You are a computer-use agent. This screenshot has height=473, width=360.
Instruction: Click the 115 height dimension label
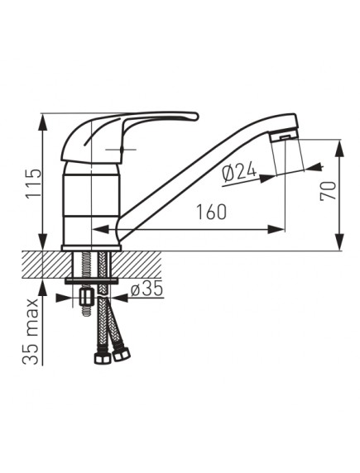[x=33, y=183]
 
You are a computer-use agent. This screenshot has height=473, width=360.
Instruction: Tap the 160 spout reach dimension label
[x=211, y=212]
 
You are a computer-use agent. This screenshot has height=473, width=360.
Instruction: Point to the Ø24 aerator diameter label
[x=239, y=174]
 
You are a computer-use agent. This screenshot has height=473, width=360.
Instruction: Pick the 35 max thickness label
[x=31, y=332]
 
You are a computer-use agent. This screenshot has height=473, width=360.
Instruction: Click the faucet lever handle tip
[x=195, y=116]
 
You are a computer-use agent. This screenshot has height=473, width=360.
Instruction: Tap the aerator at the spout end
[x=285, y=136]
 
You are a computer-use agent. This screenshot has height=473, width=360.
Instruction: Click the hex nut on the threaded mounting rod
[x=87, y=297]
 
